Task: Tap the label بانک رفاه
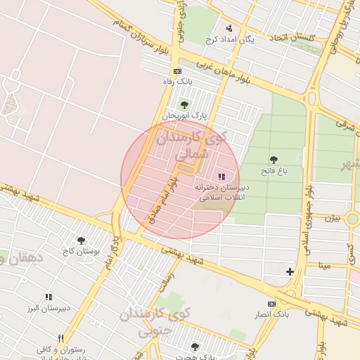pyautogui.click(x=176, y=82)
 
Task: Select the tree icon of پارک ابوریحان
pyautogui.click(x=184, y=104)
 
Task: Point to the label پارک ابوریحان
pyautogui.click(x=179, y=115)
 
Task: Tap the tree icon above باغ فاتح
pyautogui.click(x=274, y=160)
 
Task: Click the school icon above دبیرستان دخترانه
pyautogui.click(x=221, y=176)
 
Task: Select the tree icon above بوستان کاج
pyautogui.click(x=81, y=240)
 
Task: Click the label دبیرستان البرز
pyautogui.click(x=49, y=309)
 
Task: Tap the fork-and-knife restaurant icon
pyautogui.click(x=61, y=338)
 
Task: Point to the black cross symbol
pyautogui.click(x=290, y=271)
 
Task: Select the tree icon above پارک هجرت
pyautogui.click(x=195, y=346)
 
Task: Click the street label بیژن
pyautogui.click(x=332, y=218)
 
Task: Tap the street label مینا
pyautogui.click(x=323, y=266)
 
